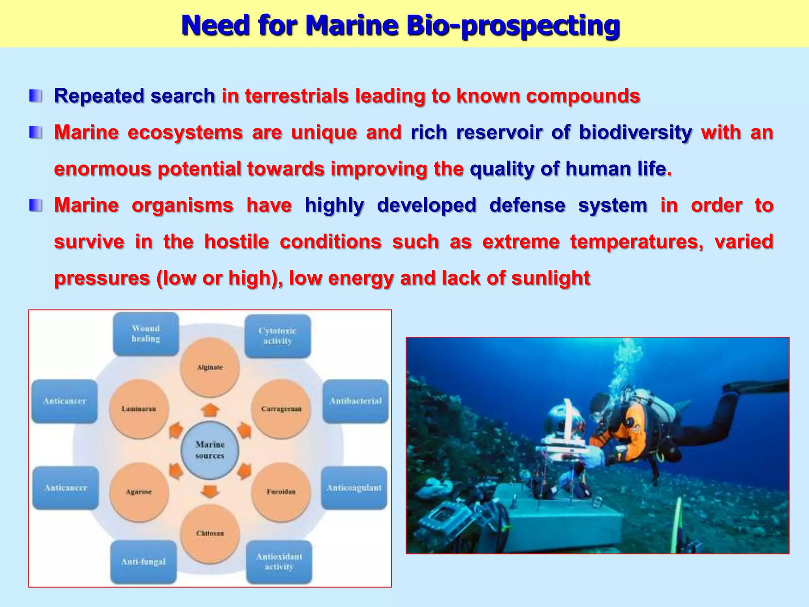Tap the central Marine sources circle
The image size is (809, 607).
[210, 450]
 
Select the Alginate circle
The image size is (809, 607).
[210, 368]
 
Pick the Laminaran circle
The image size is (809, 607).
[139, 409]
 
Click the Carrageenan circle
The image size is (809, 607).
[281, 409]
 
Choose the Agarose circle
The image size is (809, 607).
[139, 492]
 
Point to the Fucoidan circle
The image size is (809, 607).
[281, 492]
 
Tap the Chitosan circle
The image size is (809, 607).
[210, 533]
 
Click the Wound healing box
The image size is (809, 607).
[146, 334]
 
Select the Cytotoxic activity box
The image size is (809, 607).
[277, 336]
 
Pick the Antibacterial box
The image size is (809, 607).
[356, 401]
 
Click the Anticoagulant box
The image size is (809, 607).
[354, 488]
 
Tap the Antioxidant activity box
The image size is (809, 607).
[279, 562]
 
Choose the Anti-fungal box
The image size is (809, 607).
[143, 562]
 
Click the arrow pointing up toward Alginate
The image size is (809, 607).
[210, 411]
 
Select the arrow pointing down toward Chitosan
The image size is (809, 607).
[210, 491]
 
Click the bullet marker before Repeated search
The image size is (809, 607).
[36, 96]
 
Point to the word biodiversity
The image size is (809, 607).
[635, 132]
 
